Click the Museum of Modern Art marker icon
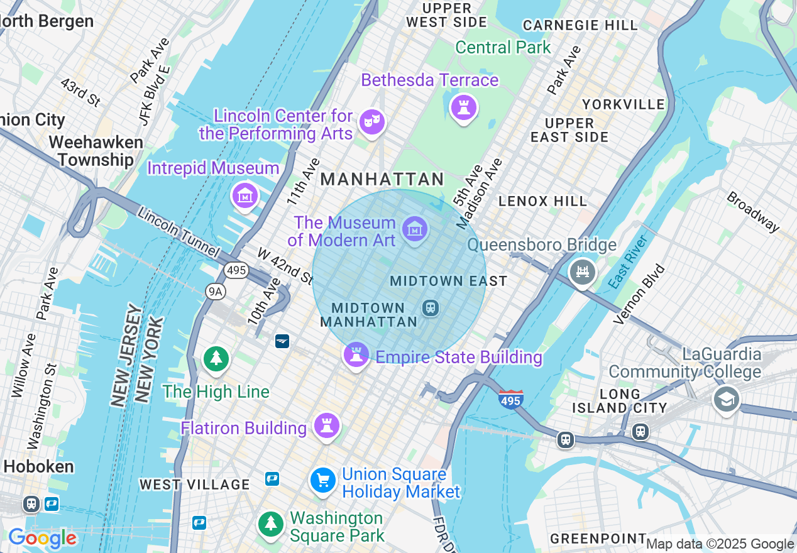[x=414, y=229]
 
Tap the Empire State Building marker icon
[x=356, y=356]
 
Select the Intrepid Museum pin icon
[x=245, y=196]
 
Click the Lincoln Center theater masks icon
[x=371, y=121]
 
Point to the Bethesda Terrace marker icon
[x=464, y=107]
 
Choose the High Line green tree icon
[x=216, y=359]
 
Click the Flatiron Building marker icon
[x=327, y=426]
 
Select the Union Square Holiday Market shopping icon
[x=323, y=481]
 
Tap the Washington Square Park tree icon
[x=271, y=523]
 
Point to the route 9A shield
[x=215, y=290]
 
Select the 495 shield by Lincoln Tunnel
[x=236, y=270]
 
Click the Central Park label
[x=503, y=47]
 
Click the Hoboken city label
[x=38, y=466]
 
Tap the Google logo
[x=42, y=538]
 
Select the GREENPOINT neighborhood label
[x=598, y=539]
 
